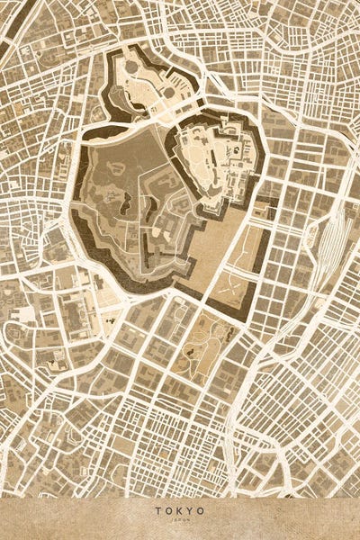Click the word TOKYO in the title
(x=179, y=510)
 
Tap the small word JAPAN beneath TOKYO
(x=179, y=520)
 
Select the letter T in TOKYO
(x=157, y=510)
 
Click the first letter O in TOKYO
(x=167, y=510)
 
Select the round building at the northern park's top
(x=133, y=65)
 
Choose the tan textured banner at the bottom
(x=180, y=517)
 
